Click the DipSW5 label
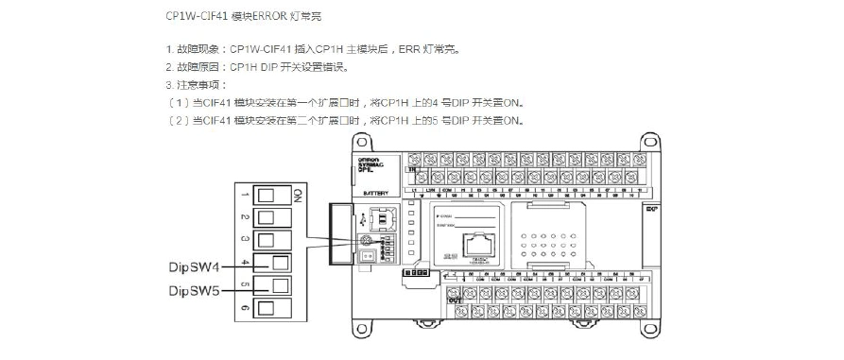(195, 291)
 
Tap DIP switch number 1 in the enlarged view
(268, 196)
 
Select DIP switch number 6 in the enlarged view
(268, 308)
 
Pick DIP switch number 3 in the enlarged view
(268, 240)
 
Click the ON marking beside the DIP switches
(296, 196)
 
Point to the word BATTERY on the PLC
(375, 192)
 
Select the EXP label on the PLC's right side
(651, 208)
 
